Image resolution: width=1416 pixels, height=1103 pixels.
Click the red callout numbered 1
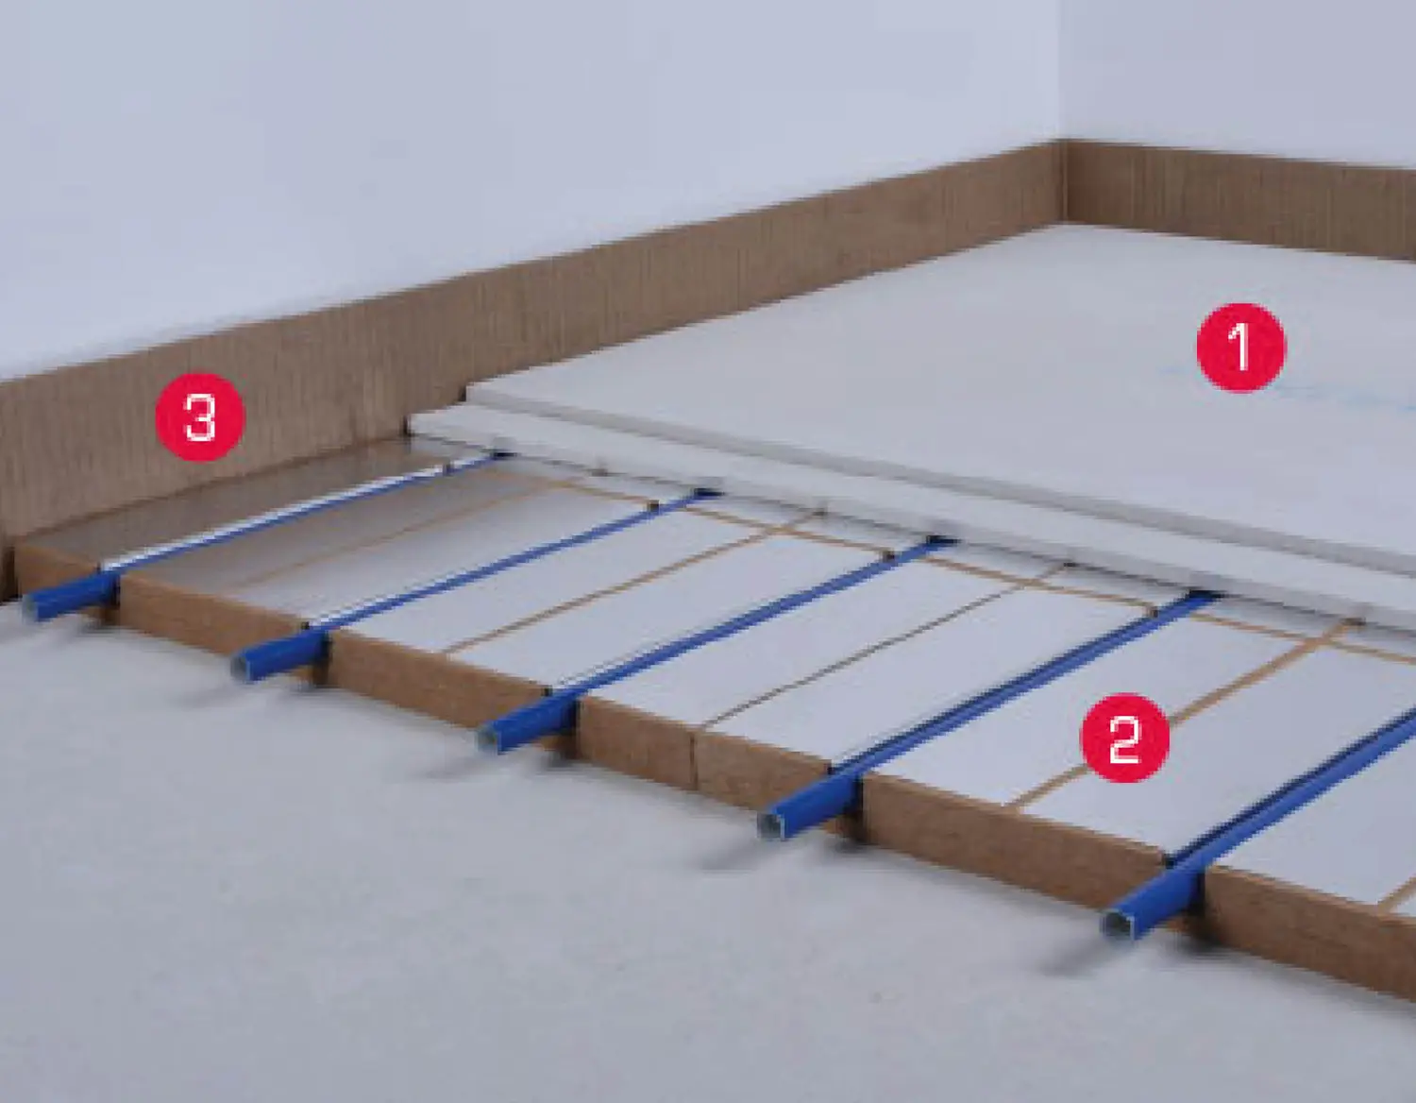point(1240,348)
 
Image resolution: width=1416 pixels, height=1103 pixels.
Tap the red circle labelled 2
point(1124,738)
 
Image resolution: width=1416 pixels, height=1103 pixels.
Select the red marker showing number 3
point(200,416)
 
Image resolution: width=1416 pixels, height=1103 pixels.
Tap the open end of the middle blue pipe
point(488,739)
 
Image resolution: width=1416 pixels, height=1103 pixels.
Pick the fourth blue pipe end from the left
point(769,825)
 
